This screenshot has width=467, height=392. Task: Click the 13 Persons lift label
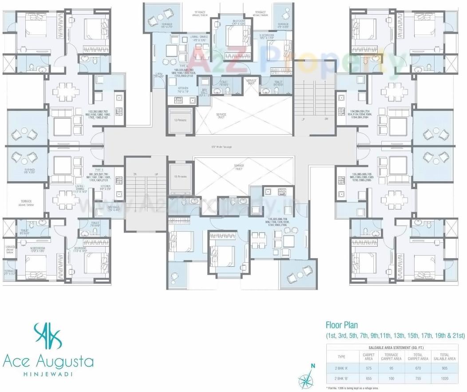(180, 120)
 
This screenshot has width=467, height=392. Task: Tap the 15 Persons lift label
(180, 176)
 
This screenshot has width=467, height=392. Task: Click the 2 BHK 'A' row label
(341, 368)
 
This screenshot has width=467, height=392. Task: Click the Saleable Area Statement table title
(395, 348)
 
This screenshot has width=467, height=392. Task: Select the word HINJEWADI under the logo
(48, 374)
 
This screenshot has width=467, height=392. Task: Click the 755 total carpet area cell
(418, 379)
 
